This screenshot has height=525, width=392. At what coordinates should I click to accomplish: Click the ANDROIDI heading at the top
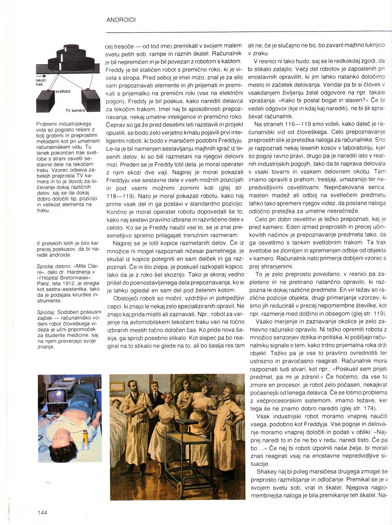(x=121, y=20)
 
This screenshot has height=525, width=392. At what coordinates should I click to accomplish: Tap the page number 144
(x=42, y=512)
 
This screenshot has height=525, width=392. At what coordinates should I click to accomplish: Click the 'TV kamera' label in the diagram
(x=75, y=111)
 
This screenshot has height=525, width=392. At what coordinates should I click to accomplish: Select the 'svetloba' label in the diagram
(x=63, y=91)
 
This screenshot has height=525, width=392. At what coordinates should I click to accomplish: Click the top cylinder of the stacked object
(x=71, y=48)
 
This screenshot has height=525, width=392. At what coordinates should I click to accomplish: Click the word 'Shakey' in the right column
(x=266, y=472)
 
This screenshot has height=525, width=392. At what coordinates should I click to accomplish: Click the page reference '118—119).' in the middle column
(x=119, y=196)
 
